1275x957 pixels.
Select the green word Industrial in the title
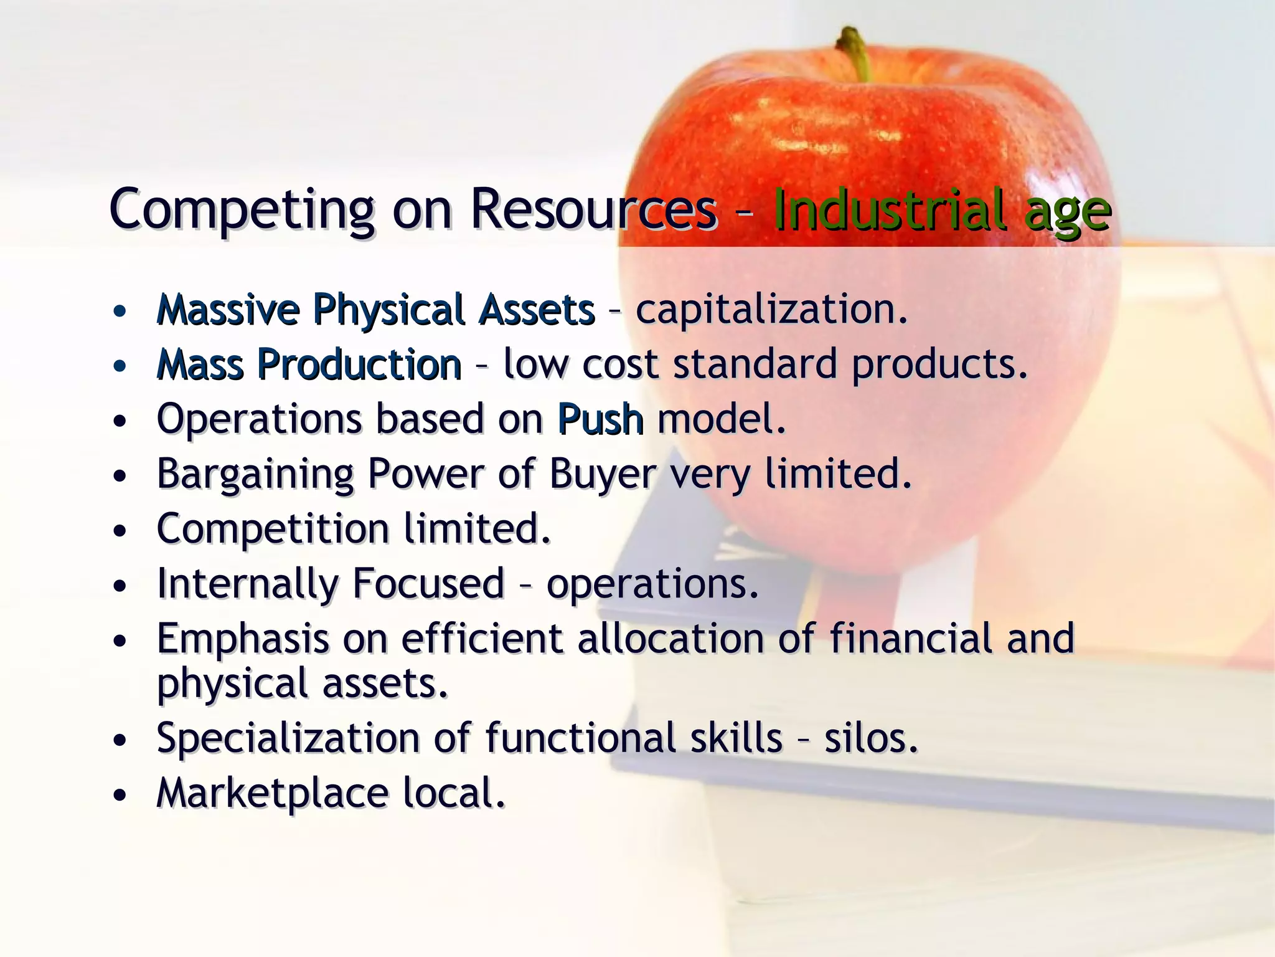pos(889,211)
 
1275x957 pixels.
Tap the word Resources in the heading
pos(593,211)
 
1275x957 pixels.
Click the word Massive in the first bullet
pos(228,310)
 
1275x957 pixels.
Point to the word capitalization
pos(771,310)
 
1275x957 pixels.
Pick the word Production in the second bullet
pos(359,364)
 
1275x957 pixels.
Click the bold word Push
pos(600,419)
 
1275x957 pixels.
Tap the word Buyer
pos(602,474)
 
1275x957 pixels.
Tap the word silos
pos(870,738)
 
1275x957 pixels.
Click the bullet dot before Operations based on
pos(120,421)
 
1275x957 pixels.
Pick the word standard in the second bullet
pos(755,364)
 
